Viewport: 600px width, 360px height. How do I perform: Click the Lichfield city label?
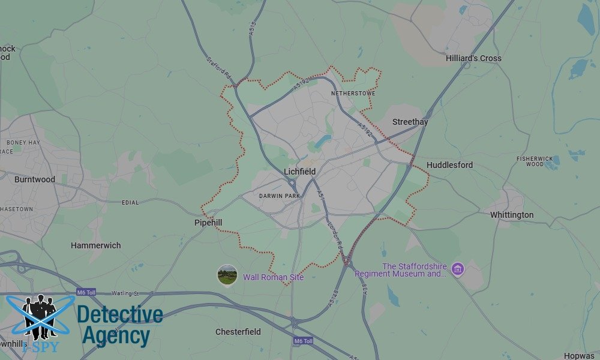point(300,172)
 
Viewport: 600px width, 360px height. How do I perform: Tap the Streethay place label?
point(410,122)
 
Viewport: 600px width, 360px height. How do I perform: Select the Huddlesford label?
point(449,165)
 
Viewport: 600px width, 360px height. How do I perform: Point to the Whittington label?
point(511,215)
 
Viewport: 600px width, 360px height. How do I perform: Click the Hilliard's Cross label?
point(473,58)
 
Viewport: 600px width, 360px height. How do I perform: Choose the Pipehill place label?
point(208,223)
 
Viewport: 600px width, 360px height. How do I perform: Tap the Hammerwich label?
point(95,245)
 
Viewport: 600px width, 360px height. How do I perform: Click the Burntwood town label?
point(35,179)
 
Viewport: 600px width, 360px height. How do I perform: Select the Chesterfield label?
point(238,332)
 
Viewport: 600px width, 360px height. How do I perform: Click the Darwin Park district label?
point(279,196)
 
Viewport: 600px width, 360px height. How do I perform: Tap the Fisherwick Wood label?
point(535,161)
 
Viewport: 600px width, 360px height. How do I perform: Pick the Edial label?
point(130,203)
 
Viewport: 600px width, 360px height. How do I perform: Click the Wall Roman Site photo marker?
point(227,275)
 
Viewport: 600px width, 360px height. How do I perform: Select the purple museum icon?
point(458,268)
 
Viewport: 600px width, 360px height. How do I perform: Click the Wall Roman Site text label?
point(273,277)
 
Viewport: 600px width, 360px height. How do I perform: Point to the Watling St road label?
point(125,293)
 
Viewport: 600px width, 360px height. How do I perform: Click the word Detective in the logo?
point(120,315)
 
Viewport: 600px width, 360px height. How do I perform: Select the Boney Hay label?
point(23,142)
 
